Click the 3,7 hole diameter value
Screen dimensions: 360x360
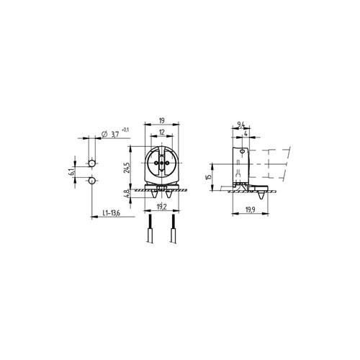click(x=115, y=134)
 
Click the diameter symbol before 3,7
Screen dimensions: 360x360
click(x=105, y=134)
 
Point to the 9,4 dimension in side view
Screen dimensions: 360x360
click(x=240, y=125)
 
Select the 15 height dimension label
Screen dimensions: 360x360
click(x=208, y=177)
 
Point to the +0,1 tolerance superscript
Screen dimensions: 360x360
click(x=127, y=129)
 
